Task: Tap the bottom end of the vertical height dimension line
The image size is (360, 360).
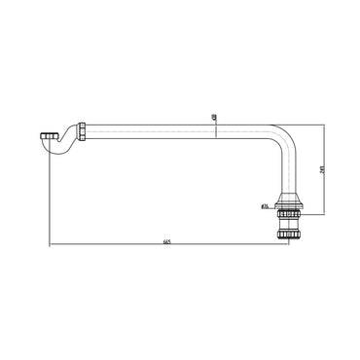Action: pyautogui.click(x=322, y=214)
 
